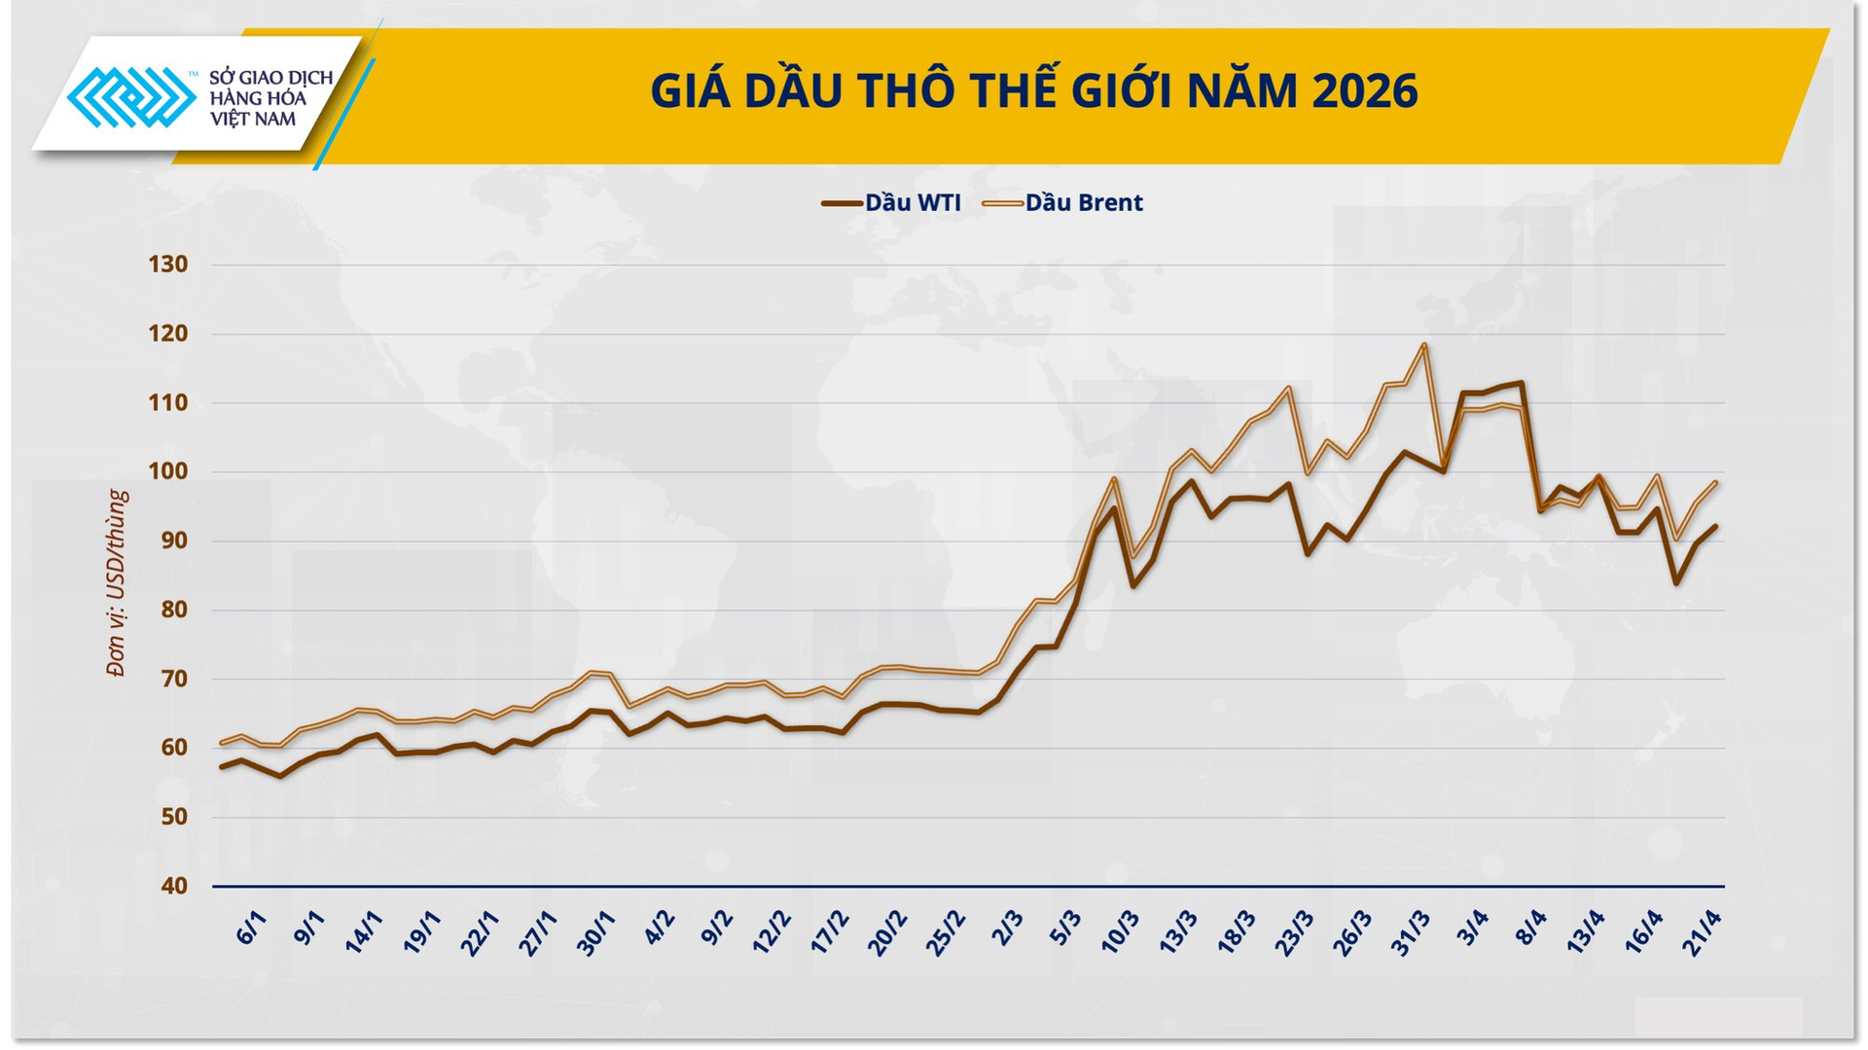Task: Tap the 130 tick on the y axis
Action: tap(167, 264)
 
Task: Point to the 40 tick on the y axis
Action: tap(173, 887)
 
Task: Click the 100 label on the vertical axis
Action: tap(167, 472)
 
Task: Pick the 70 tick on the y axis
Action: tap(173, 679)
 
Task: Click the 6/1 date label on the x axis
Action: tap(250, 929)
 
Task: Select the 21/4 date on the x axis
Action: tap(1702, 933)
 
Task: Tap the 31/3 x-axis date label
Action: tap(1411, 933)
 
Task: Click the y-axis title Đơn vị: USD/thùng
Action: tap(117, 583)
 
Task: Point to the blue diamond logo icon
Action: tap(131, 97)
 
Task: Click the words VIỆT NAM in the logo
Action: tap(252, 120)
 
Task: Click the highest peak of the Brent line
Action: tap(1423, 344)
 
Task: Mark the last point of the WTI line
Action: tap(1714, 526)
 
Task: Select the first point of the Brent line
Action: tap(222, 743)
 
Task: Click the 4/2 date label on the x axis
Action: tap(659, 929)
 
